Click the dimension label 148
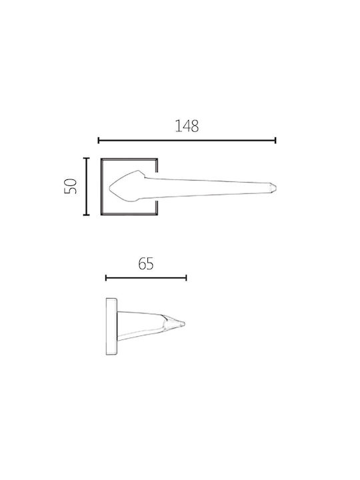pyautogui.click(x=187, y=126)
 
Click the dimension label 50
pyautogui.click(x=71, y=186)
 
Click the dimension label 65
pyautogui.click(x=146, y=263)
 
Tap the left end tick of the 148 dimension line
pyautogui.click(x=98, y=141)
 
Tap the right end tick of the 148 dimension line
pyautogui.click(x=275, y=141)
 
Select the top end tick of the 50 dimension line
pyautogui.click(x=86, y=158)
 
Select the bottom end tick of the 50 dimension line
pyautogui.click(x=86, y=215)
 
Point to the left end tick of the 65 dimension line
pyautogui.click(x=106, y=278)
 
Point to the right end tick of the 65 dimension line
pyautogui.click(x=186, y=278)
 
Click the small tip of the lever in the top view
pyautogui.click(x=275, y=187)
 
